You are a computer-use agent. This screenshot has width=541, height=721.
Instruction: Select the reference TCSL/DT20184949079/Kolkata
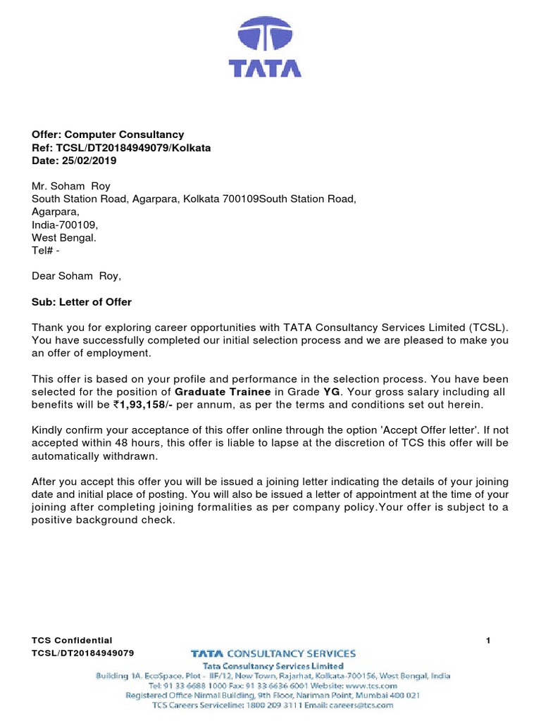click(x=121, y=148)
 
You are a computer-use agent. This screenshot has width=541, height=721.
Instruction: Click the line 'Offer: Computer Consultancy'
click(x=108, y=134)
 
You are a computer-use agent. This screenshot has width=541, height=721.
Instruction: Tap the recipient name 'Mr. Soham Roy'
click(x=70, y=187)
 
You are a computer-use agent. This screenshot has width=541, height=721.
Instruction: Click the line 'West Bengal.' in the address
click(x=64, y=237)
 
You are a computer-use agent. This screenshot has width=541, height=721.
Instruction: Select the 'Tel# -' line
click(x=46, y=250)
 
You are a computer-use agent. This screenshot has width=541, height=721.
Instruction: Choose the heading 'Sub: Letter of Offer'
click(x=82, y=302)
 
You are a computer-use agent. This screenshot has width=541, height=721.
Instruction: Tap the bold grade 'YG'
click(x=331, y=391)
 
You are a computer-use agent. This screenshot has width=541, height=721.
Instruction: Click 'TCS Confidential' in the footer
click(x=72, y=640)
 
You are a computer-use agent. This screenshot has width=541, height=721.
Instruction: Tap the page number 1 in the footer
click(x=488, y=640)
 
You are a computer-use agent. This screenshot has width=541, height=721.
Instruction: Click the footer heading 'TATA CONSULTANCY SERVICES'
click(x=273, y=653)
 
